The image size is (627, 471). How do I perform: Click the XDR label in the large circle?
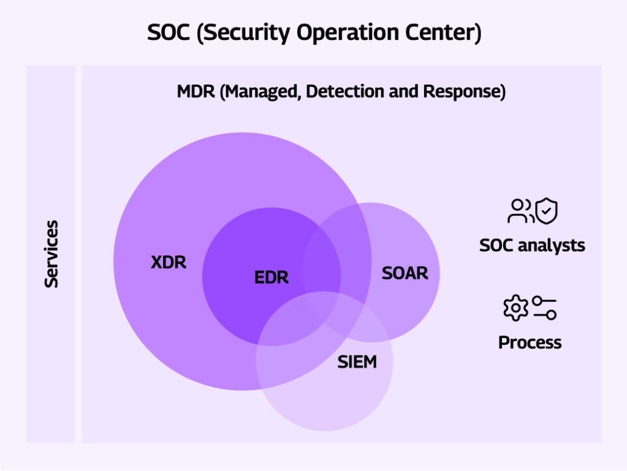[169, 263]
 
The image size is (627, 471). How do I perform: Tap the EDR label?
[272, 277]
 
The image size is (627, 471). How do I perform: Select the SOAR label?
[405, 273]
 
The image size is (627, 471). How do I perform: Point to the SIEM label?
[357, 362]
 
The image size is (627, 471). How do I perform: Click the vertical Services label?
[51, 254]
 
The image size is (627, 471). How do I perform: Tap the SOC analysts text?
[532, 246]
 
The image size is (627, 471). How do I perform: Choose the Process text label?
[530, 342]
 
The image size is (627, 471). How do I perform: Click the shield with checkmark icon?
[546, 211]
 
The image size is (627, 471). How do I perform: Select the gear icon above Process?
[515, 307]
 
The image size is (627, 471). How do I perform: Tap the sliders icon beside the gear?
[544, 307]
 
